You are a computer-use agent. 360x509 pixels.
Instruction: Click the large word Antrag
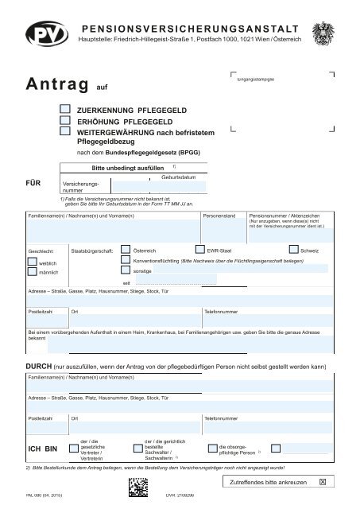pos(57,84)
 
